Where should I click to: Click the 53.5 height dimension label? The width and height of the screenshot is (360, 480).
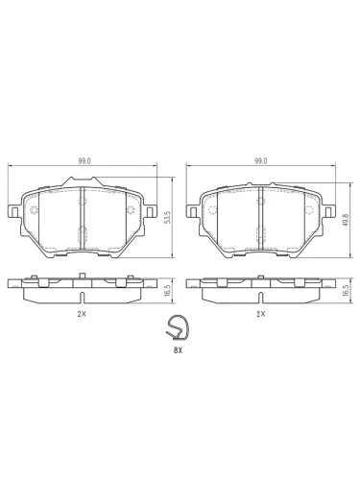coord(166,218)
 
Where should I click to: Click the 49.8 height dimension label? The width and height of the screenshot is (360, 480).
coord(345,220)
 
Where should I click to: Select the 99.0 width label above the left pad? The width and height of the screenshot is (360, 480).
coord(84,161)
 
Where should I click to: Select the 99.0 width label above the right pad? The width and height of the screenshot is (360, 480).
coord(261,161)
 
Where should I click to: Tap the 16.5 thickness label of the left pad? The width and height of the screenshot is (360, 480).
coord(166,291)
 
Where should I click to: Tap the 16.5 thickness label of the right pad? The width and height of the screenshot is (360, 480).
coord(345,291)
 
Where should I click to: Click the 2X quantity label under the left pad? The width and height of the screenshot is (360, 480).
coord(82,314)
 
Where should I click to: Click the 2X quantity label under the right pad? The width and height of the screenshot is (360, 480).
coord(261,314)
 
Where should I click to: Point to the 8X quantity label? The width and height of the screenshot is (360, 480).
coord(178,350)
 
